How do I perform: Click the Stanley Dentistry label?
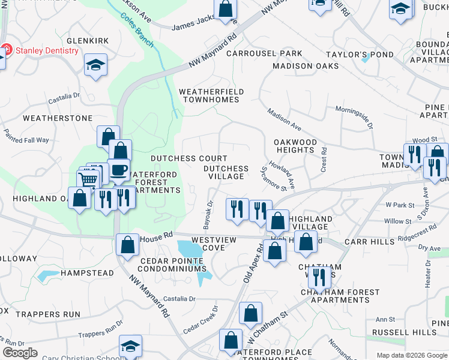pos(47,50)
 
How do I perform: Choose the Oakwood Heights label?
pos(295,146)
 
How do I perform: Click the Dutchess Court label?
pos(181,158)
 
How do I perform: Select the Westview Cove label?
pos(221,244)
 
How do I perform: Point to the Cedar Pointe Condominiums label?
pos(173,265)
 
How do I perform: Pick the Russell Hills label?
pos(404,332)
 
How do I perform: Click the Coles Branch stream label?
pos(137,31)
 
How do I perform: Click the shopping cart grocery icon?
pos(88,179)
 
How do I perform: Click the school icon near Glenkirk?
pos(95,64)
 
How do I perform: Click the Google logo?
pos(20,353)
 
